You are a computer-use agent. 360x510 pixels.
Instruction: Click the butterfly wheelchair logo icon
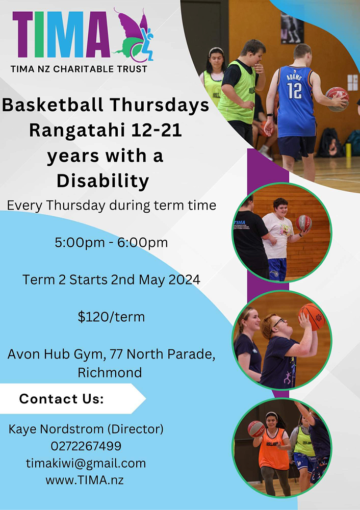pos(133,35)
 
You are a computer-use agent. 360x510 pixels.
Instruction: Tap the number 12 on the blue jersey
pos(294,91)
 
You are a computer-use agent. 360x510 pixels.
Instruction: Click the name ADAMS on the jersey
pos(294,78)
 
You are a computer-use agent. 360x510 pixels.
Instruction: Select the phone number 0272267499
pos(86,446)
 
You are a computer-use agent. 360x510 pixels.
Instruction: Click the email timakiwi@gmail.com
pos(86,463)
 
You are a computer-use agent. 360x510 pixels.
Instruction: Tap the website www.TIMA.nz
pos(85,480)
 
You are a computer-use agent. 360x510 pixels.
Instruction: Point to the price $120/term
pos(111,317)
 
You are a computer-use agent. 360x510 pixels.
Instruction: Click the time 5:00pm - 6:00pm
pos(111,243)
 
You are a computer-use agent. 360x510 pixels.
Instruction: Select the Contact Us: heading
pos(62,399)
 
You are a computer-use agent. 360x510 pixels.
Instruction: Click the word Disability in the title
pos(103,181)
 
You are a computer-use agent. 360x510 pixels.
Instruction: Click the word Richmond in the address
pos(110,372)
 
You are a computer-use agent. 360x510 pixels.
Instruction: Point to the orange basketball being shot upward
pos(312,316)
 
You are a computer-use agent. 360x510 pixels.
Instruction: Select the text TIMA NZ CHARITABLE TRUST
pos(79,69)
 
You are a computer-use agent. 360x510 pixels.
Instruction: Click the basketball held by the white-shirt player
pos(304,223)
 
